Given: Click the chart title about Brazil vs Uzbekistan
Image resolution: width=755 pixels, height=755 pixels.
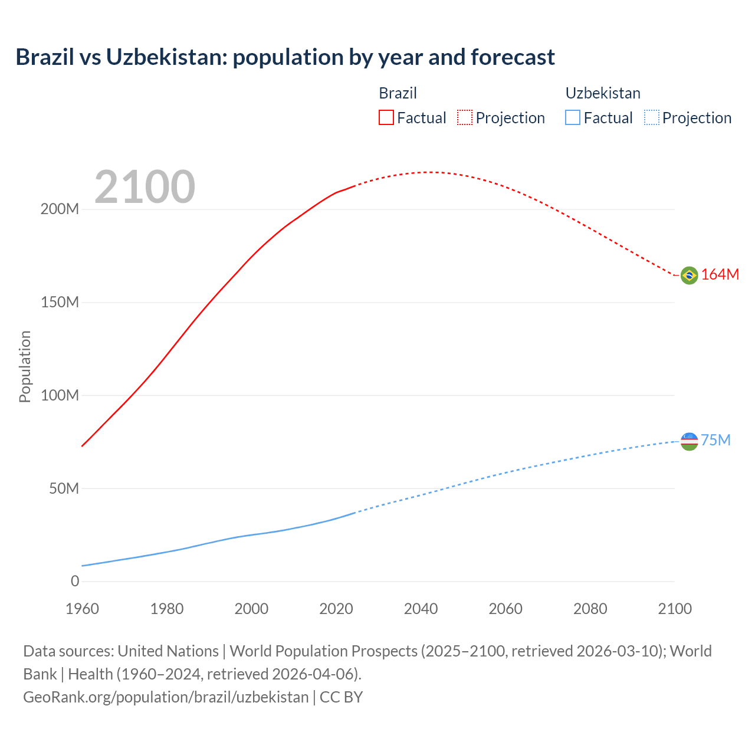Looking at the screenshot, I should [x=285, y=57].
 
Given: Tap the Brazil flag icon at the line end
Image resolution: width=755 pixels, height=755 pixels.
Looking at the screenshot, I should [x=689, y=275].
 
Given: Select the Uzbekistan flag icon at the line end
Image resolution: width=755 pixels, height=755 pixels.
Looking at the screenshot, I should [x=689, y=441].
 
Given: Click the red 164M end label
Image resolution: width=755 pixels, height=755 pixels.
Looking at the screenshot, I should [x=720, y=274].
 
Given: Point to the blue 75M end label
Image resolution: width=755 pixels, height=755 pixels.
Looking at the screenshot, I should [x=715, y=441].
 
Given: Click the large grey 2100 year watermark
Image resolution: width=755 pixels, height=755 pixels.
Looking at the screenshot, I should [x=145, y=187].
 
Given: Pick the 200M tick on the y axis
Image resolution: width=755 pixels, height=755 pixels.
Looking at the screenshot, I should [x=60, y=209].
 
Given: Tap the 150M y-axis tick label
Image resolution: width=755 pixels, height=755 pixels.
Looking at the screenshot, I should [x=60, y=303].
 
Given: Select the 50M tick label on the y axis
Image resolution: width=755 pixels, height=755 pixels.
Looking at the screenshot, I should [x=64, y=488].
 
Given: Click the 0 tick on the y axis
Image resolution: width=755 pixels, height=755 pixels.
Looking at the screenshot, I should [x=75, y=581].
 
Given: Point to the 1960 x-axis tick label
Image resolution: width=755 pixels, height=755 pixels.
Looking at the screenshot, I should [x=82, y=609].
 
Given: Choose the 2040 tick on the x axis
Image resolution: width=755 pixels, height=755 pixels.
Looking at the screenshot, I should [x=421, y=609].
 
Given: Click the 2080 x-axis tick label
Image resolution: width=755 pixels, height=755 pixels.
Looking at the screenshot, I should [x=590, y=609].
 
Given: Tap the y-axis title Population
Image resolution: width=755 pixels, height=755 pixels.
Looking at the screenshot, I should [x=25, y=366].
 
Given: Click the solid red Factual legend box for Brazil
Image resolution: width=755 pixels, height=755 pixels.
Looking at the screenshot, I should [x=386, y=117].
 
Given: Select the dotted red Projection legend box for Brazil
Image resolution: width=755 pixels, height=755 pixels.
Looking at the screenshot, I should [x=465, y=117].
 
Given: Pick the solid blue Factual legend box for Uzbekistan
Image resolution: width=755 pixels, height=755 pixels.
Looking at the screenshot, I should [x=572, y=117].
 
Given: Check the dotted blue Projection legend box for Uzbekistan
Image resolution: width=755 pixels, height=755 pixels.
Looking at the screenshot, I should [x=652, y=117].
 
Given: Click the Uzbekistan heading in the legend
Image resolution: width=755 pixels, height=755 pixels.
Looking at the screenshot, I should [x=603, y=93].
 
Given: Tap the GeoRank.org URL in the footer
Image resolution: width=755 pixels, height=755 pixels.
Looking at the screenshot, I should [x=166, y=697].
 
